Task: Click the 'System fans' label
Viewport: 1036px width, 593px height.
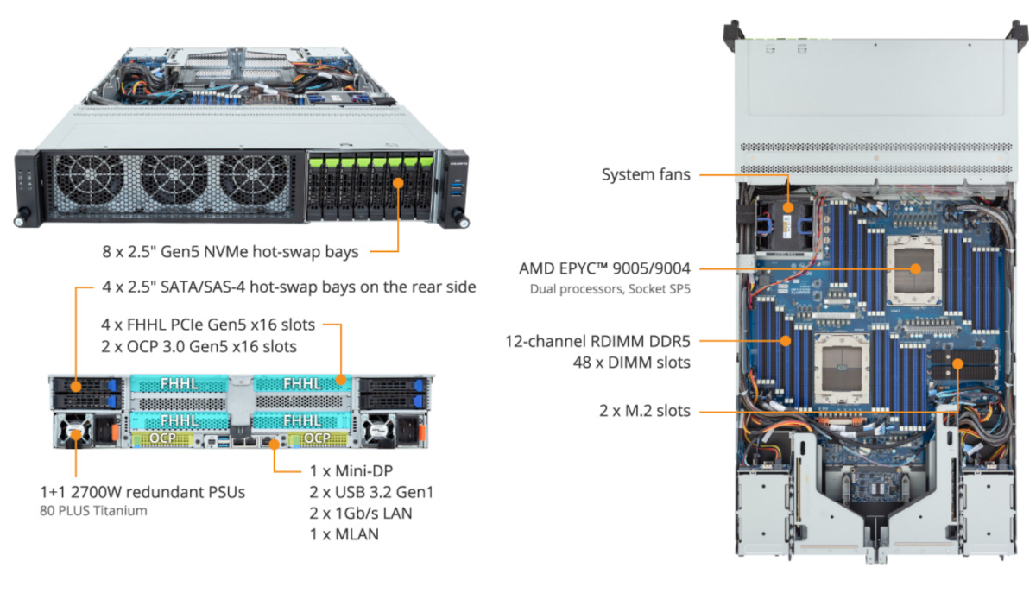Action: (x=645, y=174)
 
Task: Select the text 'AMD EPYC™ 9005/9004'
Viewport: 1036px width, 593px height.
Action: (x=610, y=268)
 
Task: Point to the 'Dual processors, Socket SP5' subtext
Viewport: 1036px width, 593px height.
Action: (x=610, y=288)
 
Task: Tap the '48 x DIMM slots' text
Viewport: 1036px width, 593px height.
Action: (x=634, y=363)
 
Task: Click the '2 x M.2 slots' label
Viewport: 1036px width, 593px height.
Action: (x=645, y=411)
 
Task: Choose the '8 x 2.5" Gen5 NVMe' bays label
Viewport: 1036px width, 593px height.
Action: (x=230, y=252)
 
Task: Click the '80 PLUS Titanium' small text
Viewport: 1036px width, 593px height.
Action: (x=93, y=510)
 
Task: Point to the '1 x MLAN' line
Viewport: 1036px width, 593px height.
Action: (x=344, y=534)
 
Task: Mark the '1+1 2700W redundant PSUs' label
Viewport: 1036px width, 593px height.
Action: (x=142, y=492)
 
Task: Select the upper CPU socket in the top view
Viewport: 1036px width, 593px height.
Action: (x=915, y=268)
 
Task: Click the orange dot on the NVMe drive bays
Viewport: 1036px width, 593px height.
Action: (x=398, y=182)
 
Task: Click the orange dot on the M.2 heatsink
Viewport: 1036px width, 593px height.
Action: (x=957, y=363)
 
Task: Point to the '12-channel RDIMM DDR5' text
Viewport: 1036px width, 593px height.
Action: (x=597, y=341)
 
